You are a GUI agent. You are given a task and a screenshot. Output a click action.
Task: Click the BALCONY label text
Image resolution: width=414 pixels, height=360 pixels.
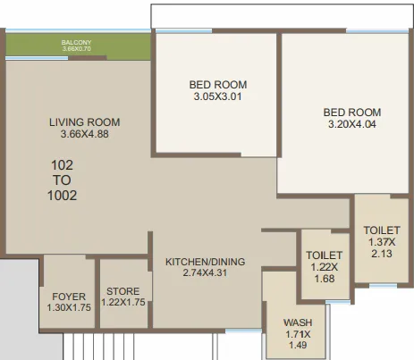point(78,42)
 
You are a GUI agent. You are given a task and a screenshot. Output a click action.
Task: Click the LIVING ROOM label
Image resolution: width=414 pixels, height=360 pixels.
point(84,122)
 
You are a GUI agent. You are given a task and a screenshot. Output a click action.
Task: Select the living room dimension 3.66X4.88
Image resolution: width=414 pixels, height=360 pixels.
point(84,135)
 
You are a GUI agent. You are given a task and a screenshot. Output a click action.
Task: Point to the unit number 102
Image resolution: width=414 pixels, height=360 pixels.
point(61,164)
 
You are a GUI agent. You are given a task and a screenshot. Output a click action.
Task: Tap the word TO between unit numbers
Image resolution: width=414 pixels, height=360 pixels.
point(61,180)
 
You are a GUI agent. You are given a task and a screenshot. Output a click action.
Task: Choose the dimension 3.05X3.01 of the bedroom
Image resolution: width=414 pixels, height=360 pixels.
point(217,97)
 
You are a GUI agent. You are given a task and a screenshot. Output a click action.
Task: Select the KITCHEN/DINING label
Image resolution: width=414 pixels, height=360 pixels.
point(205,262)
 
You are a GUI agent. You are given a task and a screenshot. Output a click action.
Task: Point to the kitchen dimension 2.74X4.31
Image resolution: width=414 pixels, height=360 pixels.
point(205,273)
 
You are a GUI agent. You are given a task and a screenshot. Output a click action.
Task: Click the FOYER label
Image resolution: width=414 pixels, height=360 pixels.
point(68,296)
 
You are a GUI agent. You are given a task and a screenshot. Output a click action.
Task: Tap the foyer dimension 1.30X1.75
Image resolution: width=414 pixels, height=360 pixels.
point(68,308)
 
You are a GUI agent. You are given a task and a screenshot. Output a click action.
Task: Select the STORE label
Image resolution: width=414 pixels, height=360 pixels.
point(123,291)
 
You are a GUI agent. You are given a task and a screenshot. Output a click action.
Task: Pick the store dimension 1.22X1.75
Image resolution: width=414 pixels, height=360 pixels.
point(123,304)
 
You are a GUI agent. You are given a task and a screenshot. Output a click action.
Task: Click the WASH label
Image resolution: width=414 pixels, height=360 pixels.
point(297,322)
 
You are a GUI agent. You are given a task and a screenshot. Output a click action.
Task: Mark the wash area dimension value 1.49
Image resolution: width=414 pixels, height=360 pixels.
point(297,346)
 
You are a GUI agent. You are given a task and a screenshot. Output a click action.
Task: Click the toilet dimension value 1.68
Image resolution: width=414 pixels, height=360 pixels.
point(324,279)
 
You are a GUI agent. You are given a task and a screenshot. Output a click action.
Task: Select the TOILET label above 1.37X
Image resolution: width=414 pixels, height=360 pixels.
point(381,230)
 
